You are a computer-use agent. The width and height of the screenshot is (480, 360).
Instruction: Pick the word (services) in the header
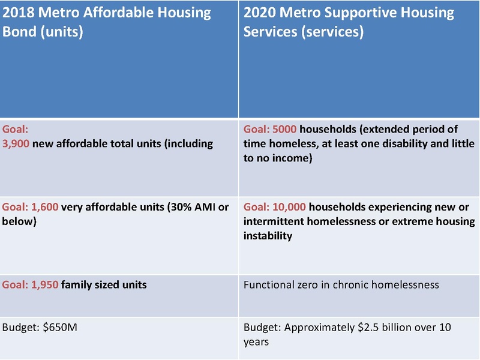click(334, 31)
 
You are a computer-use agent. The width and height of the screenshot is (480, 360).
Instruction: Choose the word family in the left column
click(79, 284)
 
